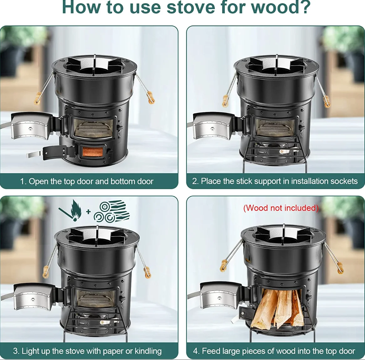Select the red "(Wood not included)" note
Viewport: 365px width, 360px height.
281,208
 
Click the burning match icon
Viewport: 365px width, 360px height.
71,210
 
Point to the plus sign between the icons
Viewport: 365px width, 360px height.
88,212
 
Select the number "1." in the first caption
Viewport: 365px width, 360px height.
23,181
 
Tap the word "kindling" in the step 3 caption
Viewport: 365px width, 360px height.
148,351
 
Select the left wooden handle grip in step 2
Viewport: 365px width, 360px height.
225,101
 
